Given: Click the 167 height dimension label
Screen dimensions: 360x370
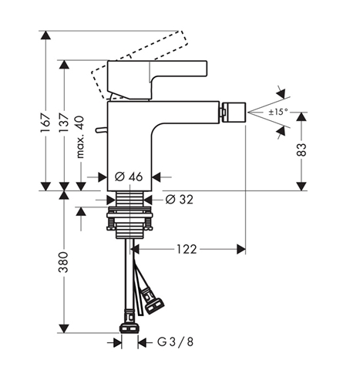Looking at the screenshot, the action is coord(45,123).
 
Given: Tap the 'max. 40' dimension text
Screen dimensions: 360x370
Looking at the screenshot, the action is coord(80,137).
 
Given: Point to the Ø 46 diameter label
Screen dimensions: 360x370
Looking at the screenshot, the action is coord(129,177).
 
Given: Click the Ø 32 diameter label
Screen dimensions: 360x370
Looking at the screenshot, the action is coord(179,199).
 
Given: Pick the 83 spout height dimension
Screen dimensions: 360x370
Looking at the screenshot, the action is coord(301,150).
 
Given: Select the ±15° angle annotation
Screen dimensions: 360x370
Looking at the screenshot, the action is coord(278,112).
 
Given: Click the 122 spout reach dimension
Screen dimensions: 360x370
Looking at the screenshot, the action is coord(187,249).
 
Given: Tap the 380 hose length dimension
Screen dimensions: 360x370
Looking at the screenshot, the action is coord(63,262).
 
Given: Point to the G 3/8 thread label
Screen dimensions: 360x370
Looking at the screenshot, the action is coord(175,342).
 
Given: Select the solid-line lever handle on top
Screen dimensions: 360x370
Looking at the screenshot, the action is coord(157,79).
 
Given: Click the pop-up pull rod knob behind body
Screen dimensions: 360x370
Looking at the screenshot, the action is coord(101,130).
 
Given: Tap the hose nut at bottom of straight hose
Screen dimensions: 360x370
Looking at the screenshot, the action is coord(129,328).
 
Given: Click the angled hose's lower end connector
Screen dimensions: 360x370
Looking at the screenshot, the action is coord(153,305).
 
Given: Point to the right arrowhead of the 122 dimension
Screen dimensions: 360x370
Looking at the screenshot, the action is coord(241,249).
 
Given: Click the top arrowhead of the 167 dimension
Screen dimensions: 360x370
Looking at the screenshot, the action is coord(45,35).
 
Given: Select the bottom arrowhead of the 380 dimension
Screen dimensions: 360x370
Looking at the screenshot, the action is coord(64,328).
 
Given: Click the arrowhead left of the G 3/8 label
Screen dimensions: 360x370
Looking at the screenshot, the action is coord(118,342).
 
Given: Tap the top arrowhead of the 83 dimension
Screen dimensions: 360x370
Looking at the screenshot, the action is coord(301,117).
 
